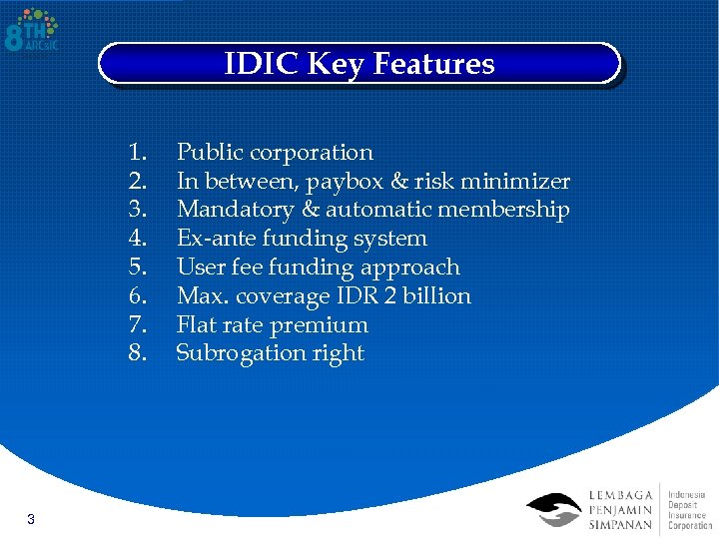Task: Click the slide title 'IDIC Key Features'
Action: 359,64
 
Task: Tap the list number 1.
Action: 138,153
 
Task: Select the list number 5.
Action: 138,268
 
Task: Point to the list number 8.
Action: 138,353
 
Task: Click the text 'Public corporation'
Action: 275,153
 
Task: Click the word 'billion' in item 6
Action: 435,296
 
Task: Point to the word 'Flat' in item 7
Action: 196,325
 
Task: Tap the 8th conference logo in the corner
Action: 32,31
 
